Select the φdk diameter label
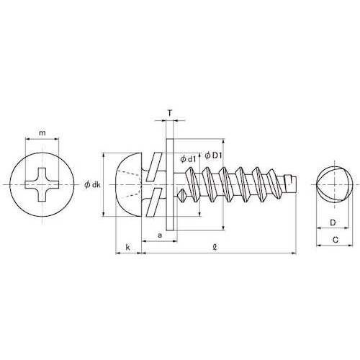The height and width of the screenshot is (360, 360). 92,184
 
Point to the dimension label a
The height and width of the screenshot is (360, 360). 158,235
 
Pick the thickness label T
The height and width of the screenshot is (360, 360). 169,113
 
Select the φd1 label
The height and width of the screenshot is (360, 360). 188,158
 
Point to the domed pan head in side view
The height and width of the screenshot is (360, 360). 125,184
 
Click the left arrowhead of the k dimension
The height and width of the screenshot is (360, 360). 117,253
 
